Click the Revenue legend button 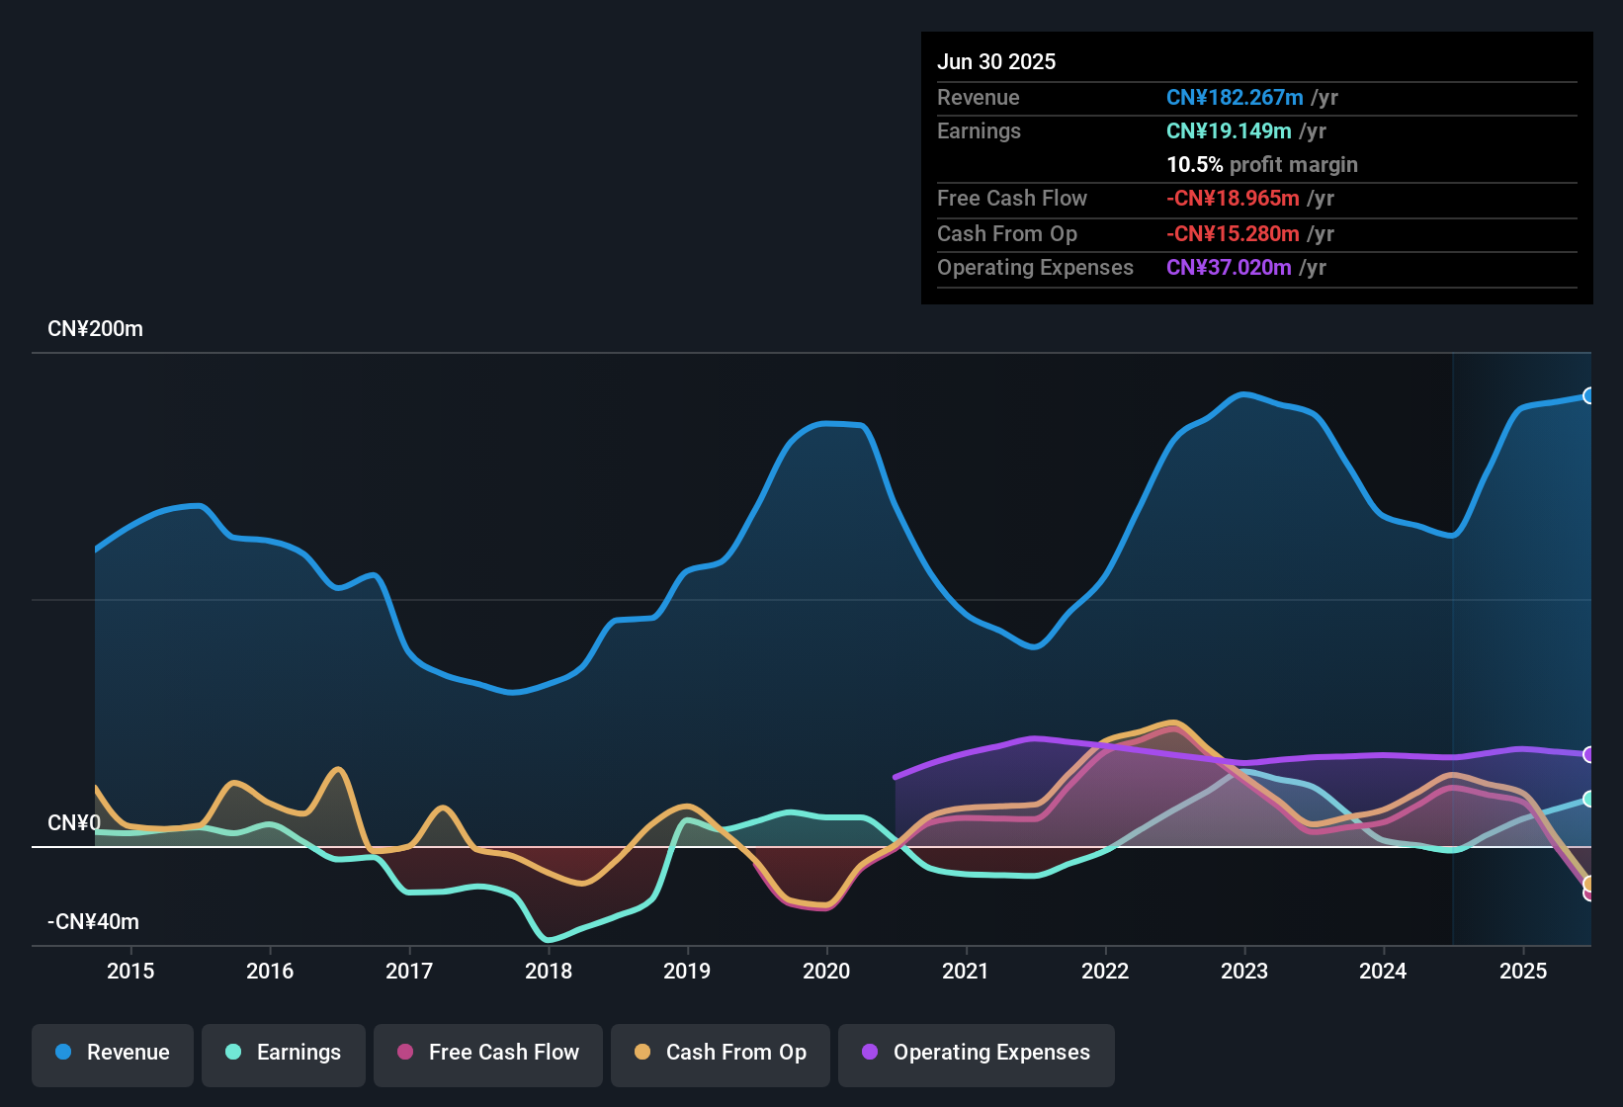click(113, 1053)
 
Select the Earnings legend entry click(284, 1053)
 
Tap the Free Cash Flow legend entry click(488, 1053)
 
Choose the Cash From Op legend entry click(721, 1053)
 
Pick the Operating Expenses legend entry click(977, 1053)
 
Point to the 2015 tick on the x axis click(130, 971)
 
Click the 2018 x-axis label click(549, 971)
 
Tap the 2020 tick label click(826, 971)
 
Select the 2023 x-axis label click(1244, 971)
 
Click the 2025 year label click(1523, 971)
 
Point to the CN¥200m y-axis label click(95, 329)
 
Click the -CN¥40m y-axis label click(93, 922)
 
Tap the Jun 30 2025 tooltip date click(996, 62)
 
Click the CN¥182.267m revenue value click(1235, 98)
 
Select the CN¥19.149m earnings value click(1229, 131)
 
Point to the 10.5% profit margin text click(1262, 165)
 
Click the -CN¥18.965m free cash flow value click(1233, 199)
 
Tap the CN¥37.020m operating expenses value click(1229, 268)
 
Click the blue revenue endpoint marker click(1589, 395)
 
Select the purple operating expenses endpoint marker click(1589, 755)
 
